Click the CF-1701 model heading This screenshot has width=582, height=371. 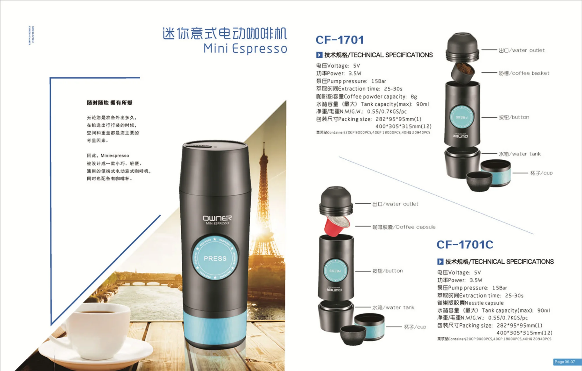coord(340,40)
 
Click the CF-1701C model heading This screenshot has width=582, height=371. coord(465,245)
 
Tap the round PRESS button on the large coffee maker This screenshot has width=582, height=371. coord(215,258)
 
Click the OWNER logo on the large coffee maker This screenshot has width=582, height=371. coord(217,218)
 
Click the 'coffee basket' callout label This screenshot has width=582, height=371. coord(524,73)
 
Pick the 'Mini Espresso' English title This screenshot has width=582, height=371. coord(245,49)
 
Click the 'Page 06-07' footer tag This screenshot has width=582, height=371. coord(565,362)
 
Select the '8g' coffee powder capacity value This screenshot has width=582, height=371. coord(414,97)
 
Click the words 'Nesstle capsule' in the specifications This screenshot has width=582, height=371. coord(484,303)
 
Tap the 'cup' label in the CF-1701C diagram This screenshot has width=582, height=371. coord(415,327)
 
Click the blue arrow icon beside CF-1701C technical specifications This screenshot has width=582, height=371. coord(440,262)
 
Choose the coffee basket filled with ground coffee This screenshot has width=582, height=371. coord(463,72)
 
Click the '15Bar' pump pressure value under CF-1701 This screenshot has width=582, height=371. coord(379,81)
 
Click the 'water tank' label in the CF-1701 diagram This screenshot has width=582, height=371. coord(520,154)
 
